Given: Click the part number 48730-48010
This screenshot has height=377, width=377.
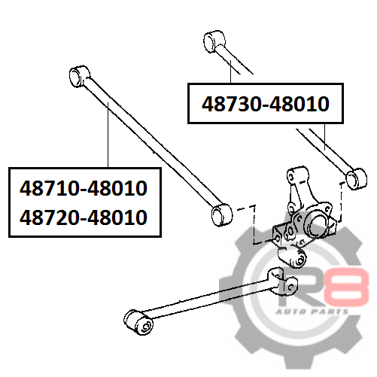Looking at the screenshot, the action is click(x=266, y=104).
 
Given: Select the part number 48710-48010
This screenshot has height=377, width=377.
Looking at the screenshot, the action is click(x=84, y=188).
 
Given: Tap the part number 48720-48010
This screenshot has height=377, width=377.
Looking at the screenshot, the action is click(x=84, y=217).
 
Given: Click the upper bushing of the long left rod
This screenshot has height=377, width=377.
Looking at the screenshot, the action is click(x=79, y=76).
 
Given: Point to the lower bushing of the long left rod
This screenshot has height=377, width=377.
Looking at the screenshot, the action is click(x=222, y=214).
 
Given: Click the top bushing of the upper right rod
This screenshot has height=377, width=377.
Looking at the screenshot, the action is click(x=214, y=41).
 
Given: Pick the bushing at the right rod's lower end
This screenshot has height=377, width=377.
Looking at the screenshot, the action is click(x=357, y=179).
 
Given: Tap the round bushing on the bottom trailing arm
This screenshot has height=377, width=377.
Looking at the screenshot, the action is click(x=138, y=322).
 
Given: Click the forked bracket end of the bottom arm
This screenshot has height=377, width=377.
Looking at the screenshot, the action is click(x=283, y=281).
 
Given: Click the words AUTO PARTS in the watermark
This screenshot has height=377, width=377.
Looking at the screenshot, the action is click(x=312, y=312).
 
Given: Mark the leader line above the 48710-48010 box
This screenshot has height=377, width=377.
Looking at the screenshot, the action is click(x=108, y=135).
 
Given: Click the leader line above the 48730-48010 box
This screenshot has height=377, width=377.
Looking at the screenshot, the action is click(x=230, y=71).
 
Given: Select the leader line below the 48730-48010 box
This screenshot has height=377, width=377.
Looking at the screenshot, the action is click(x=325, y=137).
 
